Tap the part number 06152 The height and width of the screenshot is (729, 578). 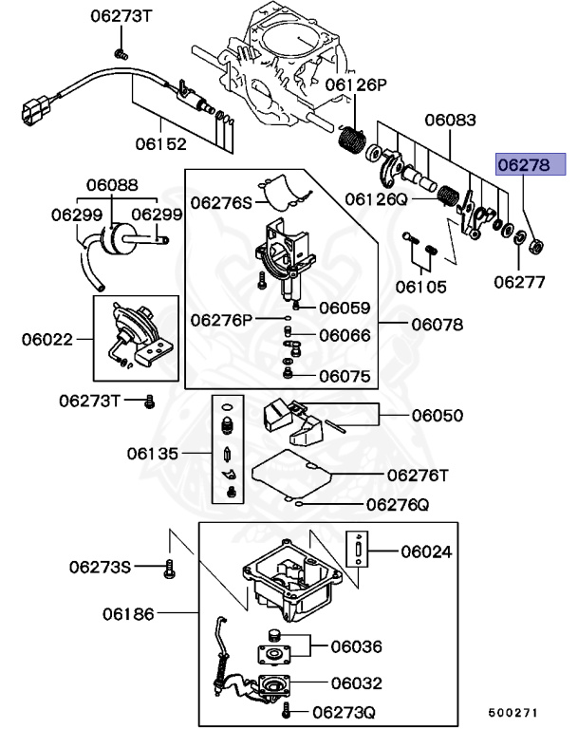[160, 143]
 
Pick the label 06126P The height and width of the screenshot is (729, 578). [357, 85]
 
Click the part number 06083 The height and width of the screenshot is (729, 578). [450, 121]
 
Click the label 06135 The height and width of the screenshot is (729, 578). [153, 454]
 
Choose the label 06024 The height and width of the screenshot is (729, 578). [426, 551]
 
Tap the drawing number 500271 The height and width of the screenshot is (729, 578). [513, 711]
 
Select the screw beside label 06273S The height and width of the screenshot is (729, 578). [170, 569]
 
